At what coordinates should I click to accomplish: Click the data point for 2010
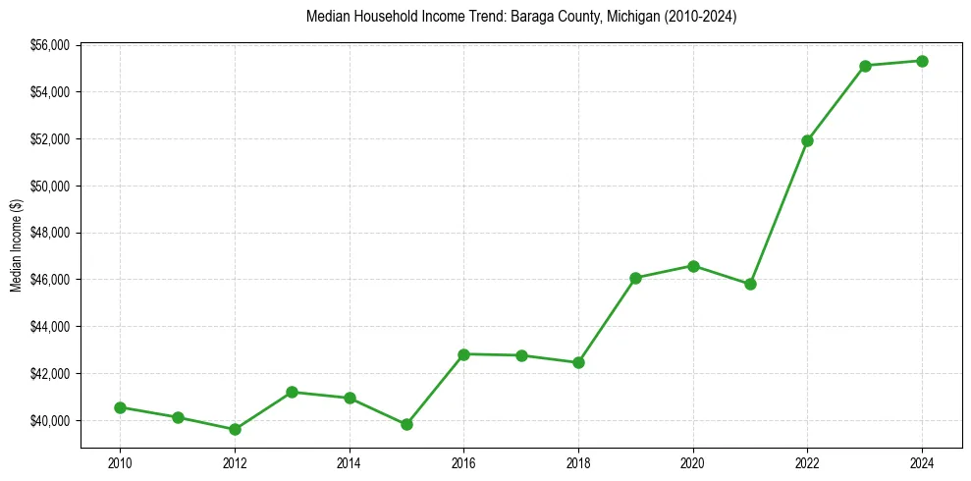tap(120, 407)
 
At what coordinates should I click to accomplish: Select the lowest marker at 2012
tap(235, 429)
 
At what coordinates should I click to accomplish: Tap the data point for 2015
tap(406, 424)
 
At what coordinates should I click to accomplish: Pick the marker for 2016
tap(463, 354)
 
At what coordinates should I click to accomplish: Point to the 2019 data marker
tap(635, 278)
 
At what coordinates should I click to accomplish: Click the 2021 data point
tap(750, 284)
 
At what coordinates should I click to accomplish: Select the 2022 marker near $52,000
tap(807, 140)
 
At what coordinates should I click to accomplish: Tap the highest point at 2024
tap(922, 61)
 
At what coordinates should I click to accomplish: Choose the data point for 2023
tap(865, 66)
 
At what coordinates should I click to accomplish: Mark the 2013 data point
tap(292, 392)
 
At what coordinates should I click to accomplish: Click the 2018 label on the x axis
tap(578, 462)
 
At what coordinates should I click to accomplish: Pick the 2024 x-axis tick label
tap(922, 462)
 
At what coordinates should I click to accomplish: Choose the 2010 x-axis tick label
tap(120, 462)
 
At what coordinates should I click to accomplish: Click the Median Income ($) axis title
tap(16, 245)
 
